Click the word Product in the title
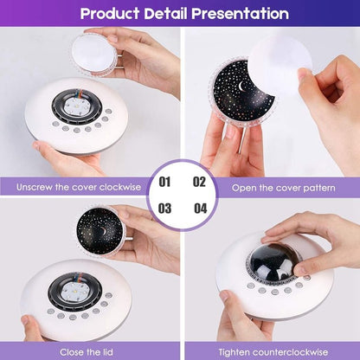tap(110, 14)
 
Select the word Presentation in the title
tap(240, 13)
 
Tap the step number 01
tap(164, 182)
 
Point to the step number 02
tap(199, 182)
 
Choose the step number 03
tap(164, 209)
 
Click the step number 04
tap(200, 209)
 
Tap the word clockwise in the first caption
tap(120, 187)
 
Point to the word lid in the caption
tap(106, 352)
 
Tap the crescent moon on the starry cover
tap(241, 86)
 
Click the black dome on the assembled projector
tap(272, 262)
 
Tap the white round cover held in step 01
tap(94, 55)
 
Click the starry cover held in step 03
tap(100, 231)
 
